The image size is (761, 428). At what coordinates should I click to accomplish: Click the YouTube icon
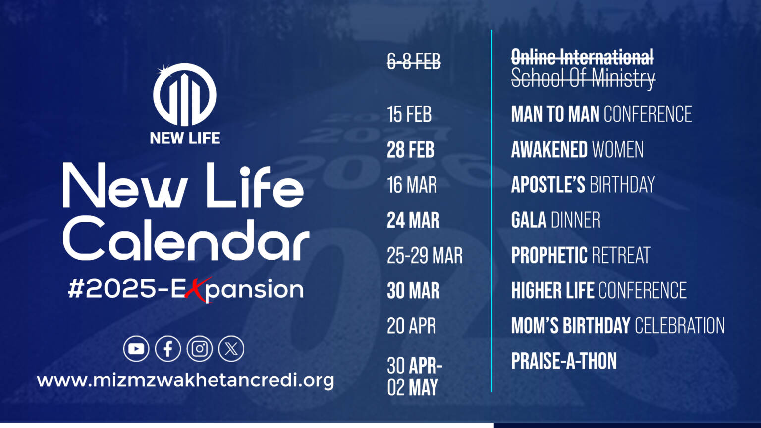click(x=136, y=349)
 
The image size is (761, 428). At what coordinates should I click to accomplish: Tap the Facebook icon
click(x=168, y=349)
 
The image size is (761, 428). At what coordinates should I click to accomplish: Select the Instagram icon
click(x=200, y=349)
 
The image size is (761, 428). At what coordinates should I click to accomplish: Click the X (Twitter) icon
click(x=231, y=349)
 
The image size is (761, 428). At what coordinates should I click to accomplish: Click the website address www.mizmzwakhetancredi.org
click(x=185, y=381)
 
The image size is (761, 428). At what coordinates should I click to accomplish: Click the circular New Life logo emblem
click(x=185, y=95)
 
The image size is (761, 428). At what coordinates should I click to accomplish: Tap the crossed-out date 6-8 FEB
click(x=414, y=62)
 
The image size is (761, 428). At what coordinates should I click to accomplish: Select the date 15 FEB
click(x=409, y=114)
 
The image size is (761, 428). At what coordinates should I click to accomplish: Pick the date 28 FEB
click(x=411, y=150)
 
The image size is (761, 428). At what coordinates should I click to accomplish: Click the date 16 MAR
click(x=412, y=185)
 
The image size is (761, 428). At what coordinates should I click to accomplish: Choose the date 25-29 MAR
click(x=425, y=256)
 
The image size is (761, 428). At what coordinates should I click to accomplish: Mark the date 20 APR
click(x=411, y=326)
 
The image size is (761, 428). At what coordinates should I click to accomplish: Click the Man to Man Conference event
click(x=601, y=114)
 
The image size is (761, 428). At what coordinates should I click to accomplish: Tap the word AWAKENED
click(x=549, y=150)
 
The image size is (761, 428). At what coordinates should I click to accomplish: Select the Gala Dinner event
click(x=555, y=220)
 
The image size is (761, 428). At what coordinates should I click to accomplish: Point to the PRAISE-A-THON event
click(x=564, y=361)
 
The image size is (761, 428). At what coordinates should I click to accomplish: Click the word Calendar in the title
click(x=186, y=240)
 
